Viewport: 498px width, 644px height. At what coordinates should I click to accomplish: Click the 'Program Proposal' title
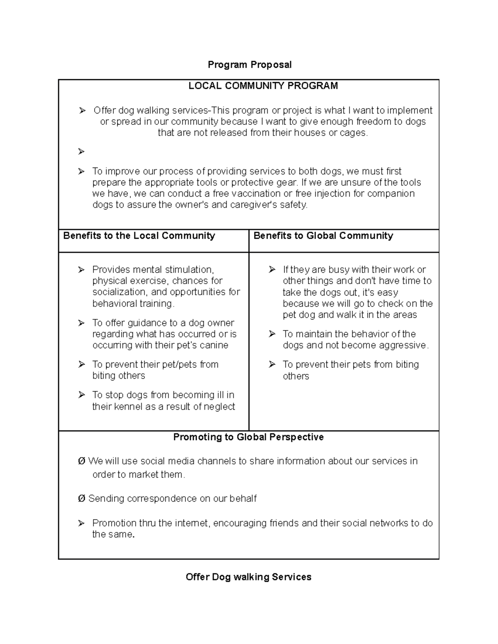pyautogui.click(x=249, y=65)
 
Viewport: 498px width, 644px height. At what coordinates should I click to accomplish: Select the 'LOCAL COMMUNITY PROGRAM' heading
pyautogui.click(x=263, y=86)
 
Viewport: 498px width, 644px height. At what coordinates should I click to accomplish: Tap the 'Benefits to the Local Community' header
pyautogui.click(x=139, y=236)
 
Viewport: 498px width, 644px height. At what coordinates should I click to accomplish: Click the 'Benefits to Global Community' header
pyautogui.click(x=323, y=236)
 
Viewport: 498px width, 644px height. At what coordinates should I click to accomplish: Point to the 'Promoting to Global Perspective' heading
pyautogui.click(x=248, y=437)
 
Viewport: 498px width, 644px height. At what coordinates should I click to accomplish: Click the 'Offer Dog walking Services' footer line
pyautogui.click(x=248, y=577)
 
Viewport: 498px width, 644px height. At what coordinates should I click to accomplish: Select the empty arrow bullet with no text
pyautogui.click(x=81, y=152)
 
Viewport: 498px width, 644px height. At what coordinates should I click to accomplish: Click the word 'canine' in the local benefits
pyautogui.click(x=213, y=345)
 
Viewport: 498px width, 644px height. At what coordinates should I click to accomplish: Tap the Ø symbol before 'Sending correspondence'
pyautogui.click(x=81, y=498)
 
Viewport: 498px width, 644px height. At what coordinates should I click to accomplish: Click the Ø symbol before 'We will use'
pyautogui.click(x=81, y=461)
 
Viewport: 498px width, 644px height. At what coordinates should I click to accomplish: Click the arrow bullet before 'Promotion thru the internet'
pyautogui.click(x=81, y=523)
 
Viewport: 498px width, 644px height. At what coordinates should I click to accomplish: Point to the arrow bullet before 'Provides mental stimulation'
pyautogui.click(x=81, y=270)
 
